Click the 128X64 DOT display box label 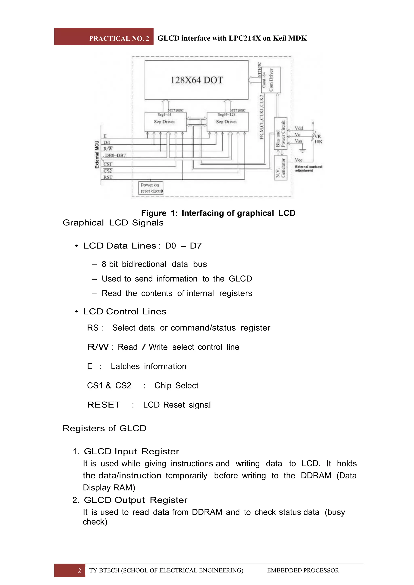[196, 80]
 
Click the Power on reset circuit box [151, 188]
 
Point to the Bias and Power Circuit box [280, 133]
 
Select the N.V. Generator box [280, 168]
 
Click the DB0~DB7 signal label [115, 155]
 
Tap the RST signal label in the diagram [108, 177]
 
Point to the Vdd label [299, 128]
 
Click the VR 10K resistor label [318, 139]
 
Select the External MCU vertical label [97, 154]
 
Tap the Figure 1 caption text [218, 213]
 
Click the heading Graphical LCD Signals [113, 223]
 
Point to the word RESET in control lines [103, 405]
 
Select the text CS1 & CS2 [109, 385]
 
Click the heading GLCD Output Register [135, 500]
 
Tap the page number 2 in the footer [79, 570]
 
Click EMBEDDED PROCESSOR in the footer [303, 570]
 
